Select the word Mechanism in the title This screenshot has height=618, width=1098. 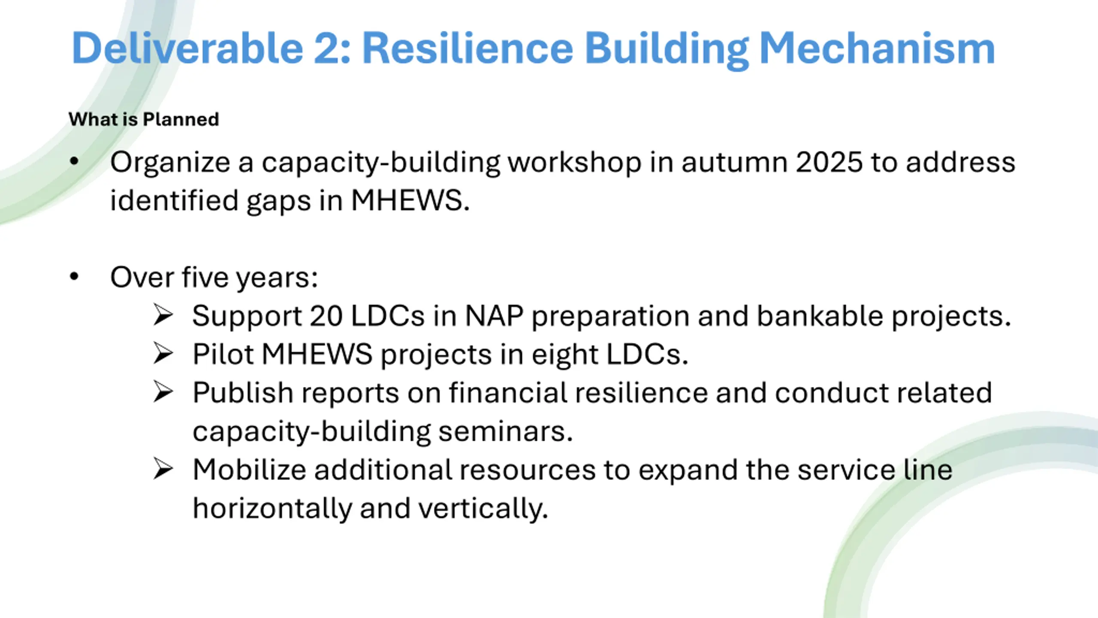tap(877, 48)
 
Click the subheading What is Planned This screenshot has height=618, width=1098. tap(144, 119)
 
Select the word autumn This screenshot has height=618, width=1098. tap(734, 163)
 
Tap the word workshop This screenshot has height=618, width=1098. tap(575, 163)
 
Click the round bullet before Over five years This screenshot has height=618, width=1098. tap(74, 276)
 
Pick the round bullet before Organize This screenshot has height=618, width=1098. tap(74, 162)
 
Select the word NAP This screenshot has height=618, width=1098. tap(494, 316)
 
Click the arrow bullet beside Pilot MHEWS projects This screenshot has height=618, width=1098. tap(163, 354)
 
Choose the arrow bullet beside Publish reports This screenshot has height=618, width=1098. tap(163, 392)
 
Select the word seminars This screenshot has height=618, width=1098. tap(506, 432)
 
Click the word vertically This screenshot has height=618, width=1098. tap(483, 509)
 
